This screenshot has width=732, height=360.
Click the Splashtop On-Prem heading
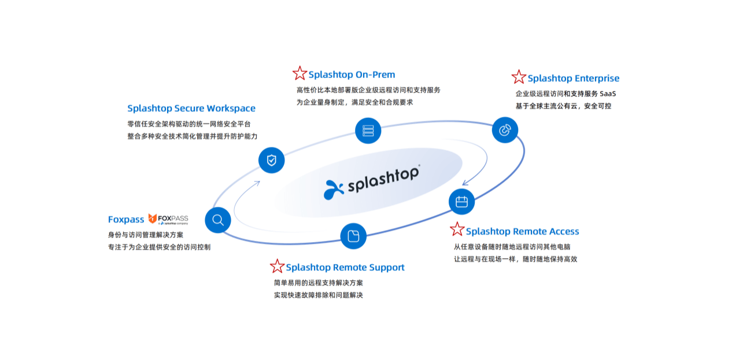pos(352,75)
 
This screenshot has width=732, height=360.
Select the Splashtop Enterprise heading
pos(573,79)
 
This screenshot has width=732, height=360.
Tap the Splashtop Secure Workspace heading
pos(191,108)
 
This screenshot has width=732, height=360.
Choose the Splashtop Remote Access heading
pos(522,232)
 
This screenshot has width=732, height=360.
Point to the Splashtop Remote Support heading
pos(345,268)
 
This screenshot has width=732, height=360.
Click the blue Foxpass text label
pos(126,220)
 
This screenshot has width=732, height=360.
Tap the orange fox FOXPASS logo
pos(168,219)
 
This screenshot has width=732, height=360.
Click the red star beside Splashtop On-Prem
pos(300,73)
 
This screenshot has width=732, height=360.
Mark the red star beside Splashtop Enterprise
pos(519,77)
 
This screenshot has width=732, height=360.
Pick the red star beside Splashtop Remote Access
pos(457,229)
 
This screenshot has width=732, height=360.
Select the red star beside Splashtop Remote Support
pos(277,266)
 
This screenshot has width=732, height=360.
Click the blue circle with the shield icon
pos(271,160)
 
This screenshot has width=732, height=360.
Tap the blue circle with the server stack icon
pos(368,130)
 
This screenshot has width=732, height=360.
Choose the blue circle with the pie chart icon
pos(505,130)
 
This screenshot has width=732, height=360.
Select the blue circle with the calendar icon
pos(461,202)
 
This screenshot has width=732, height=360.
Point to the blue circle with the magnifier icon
pos(218,220)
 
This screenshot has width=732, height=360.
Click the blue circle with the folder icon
pos(353,236)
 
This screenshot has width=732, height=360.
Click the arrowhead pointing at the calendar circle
pos(465,183)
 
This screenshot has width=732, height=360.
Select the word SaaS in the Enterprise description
pos(608,94)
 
